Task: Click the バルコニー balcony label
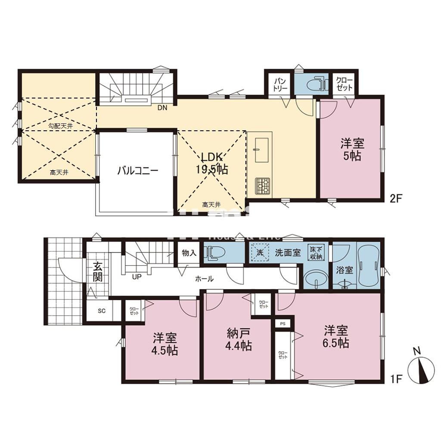(x=138, y=171)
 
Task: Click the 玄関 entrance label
(x=98, y=271)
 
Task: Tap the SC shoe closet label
(x=102, y=311)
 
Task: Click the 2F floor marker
(x=396, y=199)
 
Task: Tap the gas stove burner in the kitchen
(x=262, y=186)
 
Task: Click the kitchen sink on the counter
(x=262, y=150)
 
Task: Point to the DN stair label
(x=162, y=108)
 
